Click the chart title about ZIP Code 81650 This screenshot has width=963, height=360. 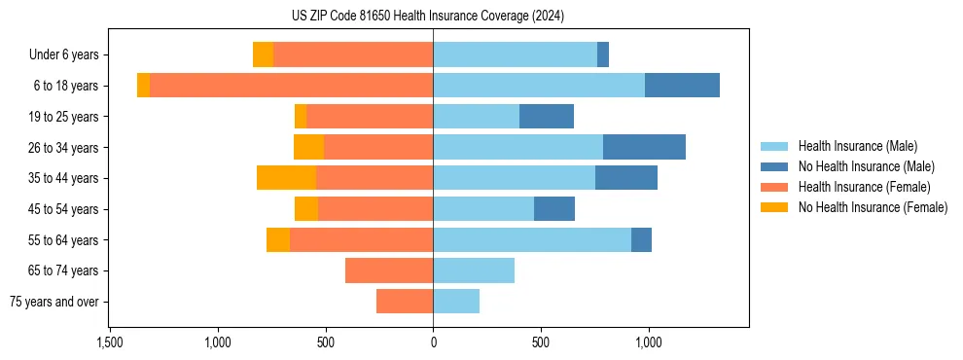click(x=428, y=17)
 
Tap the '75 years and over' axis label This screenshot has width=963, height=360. click(x=54, y=302)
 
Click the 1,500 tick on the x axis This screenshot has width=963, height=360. click(x=110, y=342)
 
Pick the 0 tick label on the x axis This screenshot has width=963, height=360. click(x=433, y=342)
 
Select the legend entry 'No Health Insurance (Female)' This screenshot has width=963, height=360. click(x=873, y=207)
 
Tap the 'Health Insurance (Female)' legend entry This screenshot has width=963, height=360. click(x=864, y=187)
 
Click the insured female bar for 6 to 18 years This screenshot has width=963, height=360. click(x=292, y=86)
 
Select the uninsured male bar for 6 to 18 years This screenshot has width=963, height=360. click(x=682, y=86)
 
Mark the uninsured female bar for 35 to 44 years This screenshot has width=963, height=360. click(x=286, y=178)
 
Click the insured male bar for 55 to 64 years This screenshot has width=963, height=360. click(x=532, y=239)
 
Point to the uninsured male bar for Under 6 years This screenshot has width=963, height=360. click(x=603, y=55)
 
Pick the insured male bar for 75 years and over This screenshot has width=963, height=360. click(x=456, y=302)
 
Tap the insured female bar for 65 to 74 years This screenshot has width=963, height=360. click(x=389, y=270)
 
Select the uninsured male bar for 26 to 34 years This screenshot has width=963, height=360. click(x=644, y=147)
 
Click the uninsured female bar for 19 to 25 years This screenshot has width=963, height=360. click(x=301, y=117)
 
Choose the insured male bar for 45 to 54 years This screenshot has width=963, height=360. click(x=483, y=209)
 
